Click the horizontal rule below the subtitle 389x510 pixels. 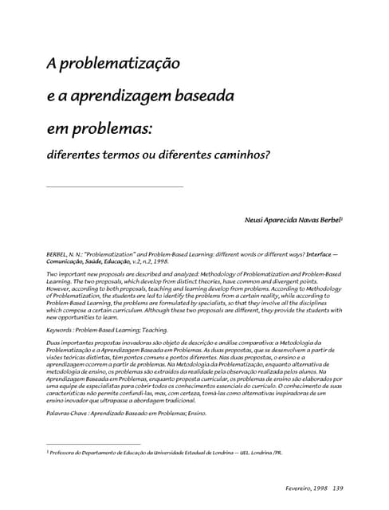(x=115, y=186)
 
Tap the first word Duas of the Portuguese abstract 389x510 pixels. (x=56, y=341)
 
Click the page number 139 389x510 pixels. (x=337, y=488)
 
